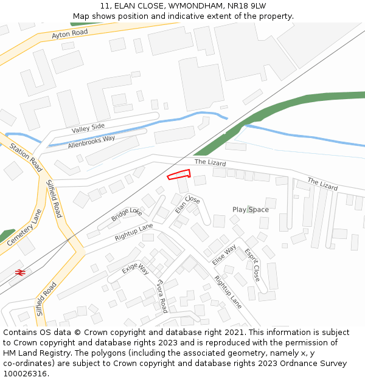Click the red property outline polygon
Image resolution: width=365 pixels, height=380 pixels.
pyautogui.click(x=179, y=175)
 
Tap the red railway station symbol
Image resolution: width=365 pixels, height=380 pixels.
pyautogui.click(x=20, y=272)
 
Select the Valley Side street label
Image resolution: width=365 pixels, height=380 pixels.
pyautogui.click(x=88, y=128)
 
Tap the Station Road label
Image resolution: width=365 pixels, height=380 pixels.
pyautogui.click(x=26, y=157)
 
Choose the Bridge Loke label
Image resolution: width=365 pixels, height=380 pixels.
pyautogui.click(x=127, y=215)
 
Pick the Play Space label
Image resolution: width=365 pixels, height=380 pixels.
pyautogui.click(x=250, y=210)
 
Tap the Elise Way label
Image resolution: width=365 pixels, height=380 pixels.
pyautogui.click(x=224, y=254)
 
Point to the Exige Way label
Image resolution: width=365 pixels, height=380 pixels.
pyautogui.click(x=135, y=268)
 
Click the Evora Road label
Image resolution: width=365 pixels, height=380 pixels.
pyautogui.click(x=162, y=297)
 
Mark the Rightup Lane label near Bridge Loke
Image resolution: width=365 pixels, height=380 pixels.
pyautogui.click(x=134, y=232)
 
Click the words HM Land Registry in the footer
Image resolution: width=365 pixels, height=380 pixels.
pyautogui.click(x=33, y=353)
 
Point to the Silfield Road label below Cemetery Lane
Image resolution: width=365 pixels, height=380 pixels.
pyautogui.click(x=46, y=299)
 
